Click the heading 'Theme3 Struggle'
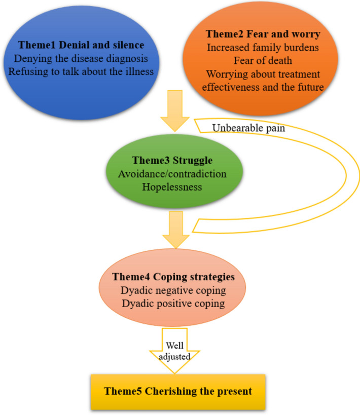point(173,161)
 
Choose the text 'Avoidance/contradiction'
point(173,174)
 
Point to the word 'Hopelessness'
point(173,187)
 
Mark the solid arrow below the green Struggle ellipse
point(175,227)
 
